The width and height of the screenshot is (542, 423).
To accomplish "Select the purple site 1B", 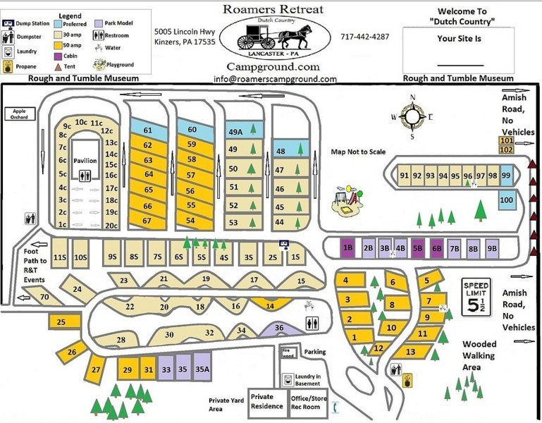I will (347, 247).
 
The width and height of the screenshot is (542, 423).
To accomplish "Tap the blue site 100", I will (506, 200).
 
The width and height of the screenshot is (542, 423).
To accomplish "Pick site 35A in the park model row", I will (202, 368).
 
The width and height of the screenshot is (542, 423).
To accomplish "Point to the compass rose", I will (412, 116).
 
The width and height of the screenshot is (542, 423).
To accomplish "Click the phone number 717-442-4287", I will (364, 37).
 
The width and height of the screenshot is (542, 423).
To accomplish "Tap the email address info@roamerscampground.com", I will (275, 79).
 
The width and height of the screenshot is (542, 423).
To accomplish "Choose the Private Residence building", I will (266, 401).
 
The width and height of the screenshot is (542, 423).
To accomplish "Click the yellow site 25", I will (61, 322).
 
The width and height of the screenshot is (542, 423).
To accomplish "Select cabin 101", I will (506, 141).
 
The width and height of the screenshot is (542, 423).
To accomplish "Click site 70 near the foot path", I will (44, 298).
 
